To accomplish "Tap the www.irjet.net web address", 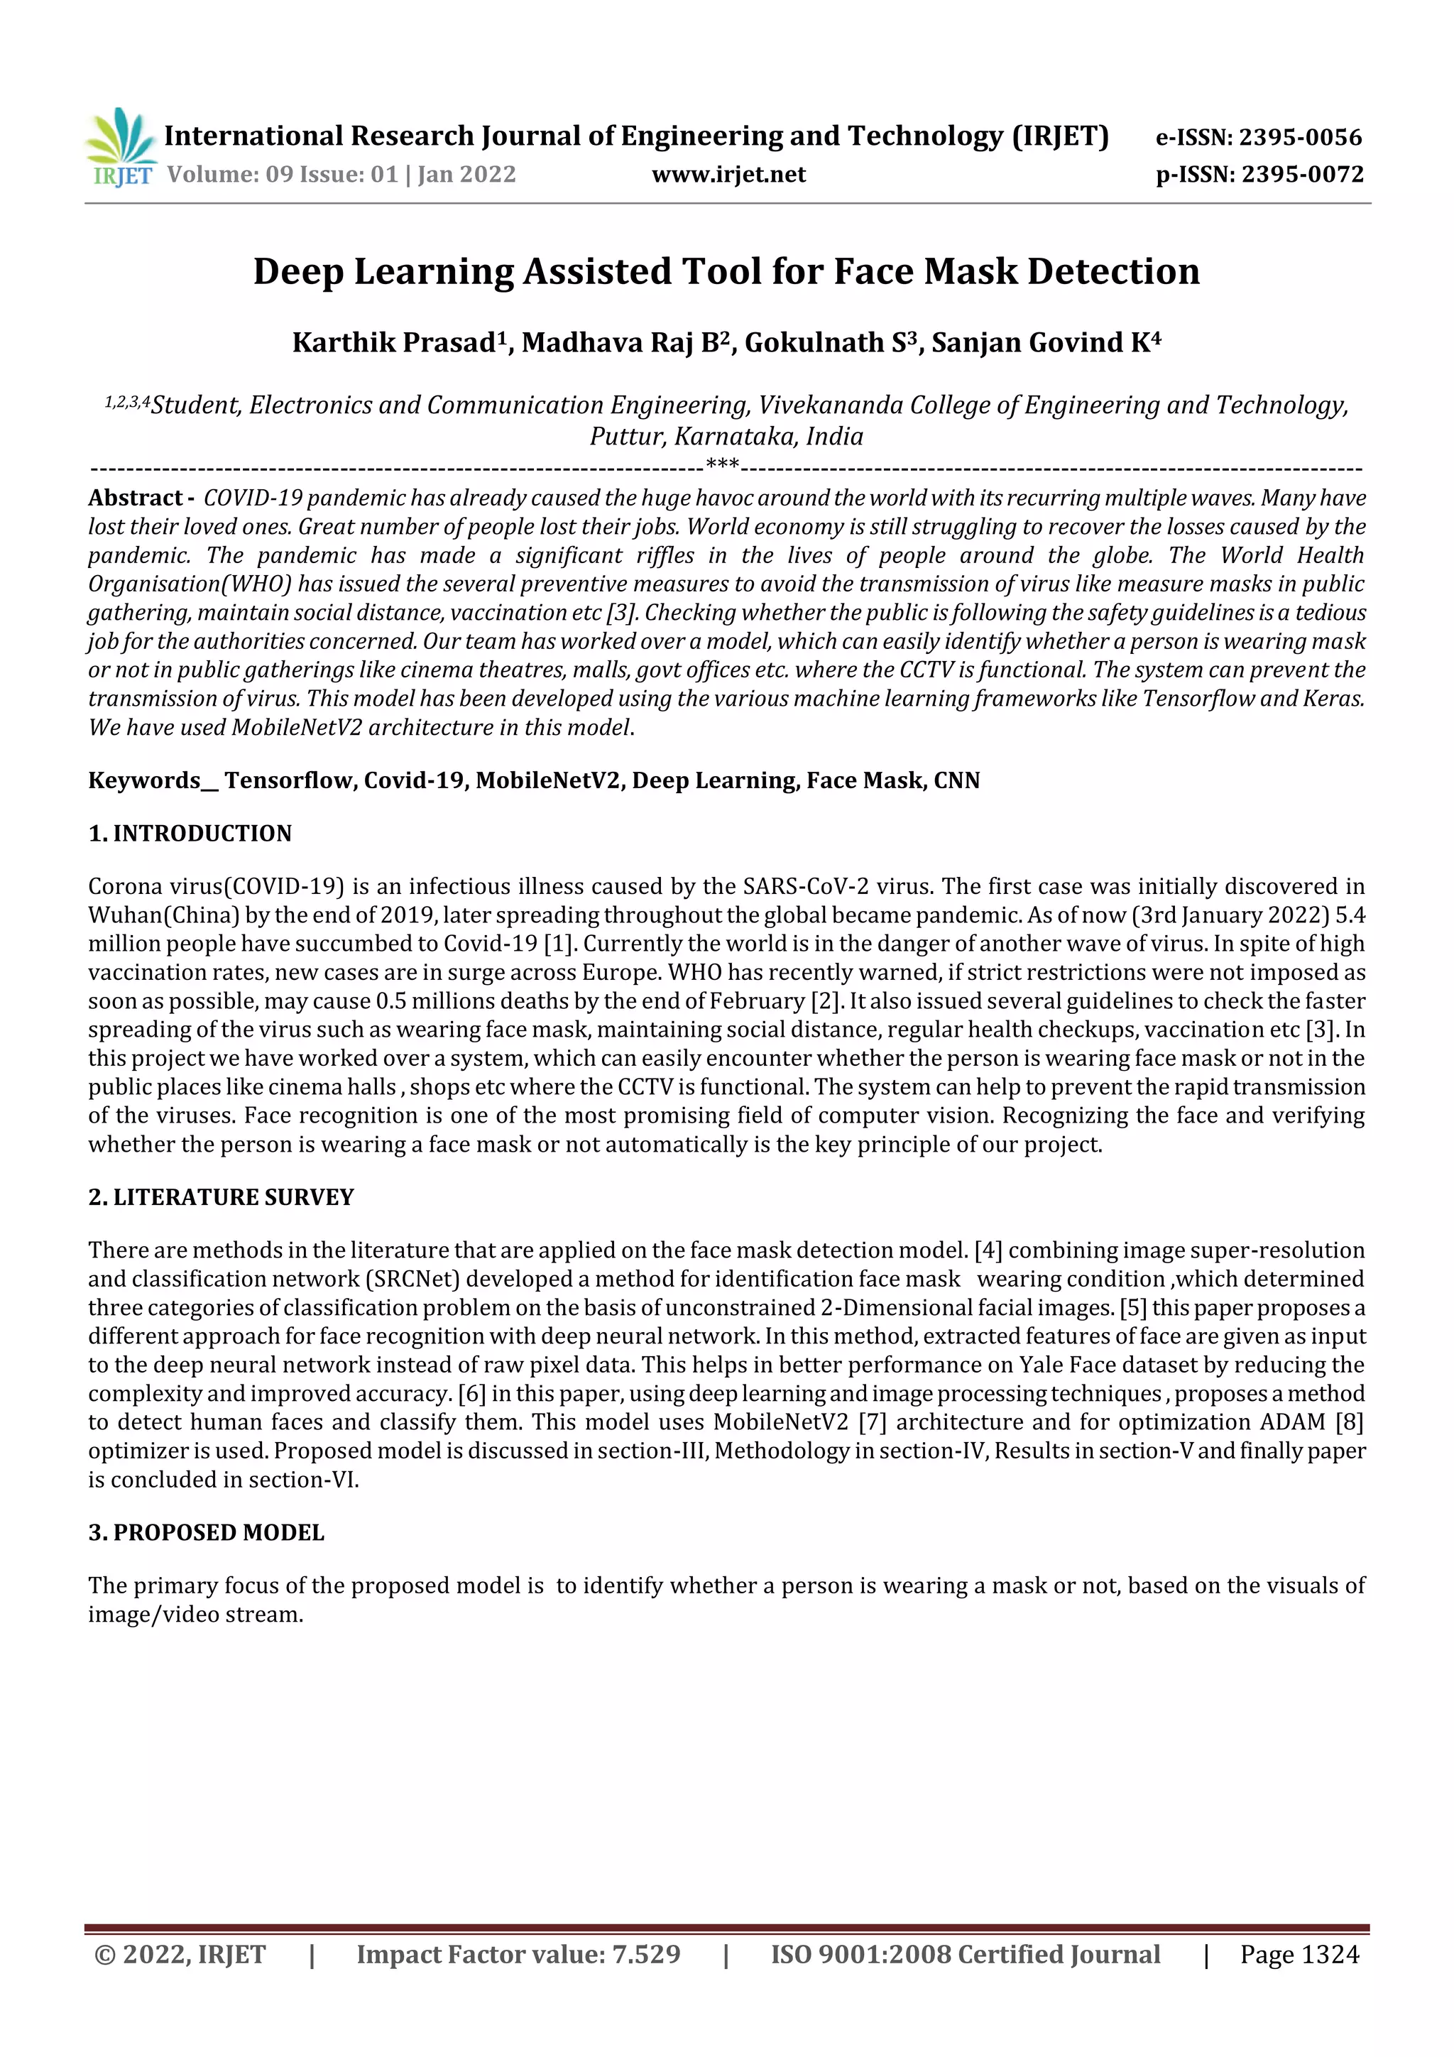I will (728, 175).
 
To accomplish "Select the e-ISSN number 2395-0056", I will (1300, 137).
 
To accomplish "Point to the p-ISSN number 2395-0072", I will (1301, 175).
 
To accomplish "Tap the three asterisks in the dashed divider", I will (722, 465).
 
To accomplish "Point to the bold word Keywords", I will (144, 780).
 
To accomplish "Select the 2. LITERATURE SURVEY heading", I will (222, 1197).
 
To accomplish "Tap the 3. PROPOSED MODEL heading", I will (206, 1532).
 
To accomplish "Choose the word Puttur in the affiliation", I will (626, 436).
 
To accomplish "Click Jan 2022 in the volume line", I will (466, 175).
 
